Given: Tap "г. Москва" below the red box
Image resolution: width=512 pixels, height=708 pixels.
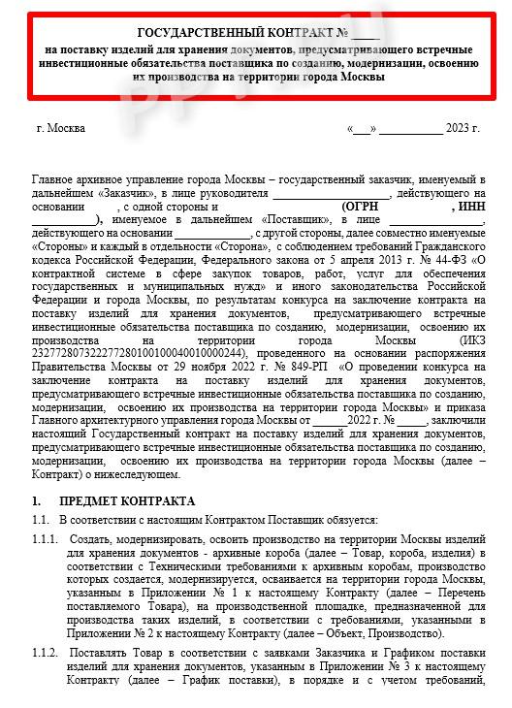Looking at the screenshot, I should pos(60,128).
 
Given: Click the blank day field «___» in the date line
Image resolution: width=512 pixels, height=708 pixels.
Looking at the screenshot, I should pos(360,128).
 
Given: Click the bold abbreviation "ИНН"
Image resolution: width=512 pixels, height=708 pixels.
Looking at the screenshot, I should pos(469,207).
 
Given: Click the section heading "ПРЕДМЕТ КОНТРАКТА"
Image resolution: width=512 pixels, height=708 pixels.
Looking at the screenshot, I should pos(127,501).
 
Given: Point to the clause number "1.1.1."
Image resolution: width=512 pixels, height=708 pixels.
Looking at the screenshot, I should pos(46,537).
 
